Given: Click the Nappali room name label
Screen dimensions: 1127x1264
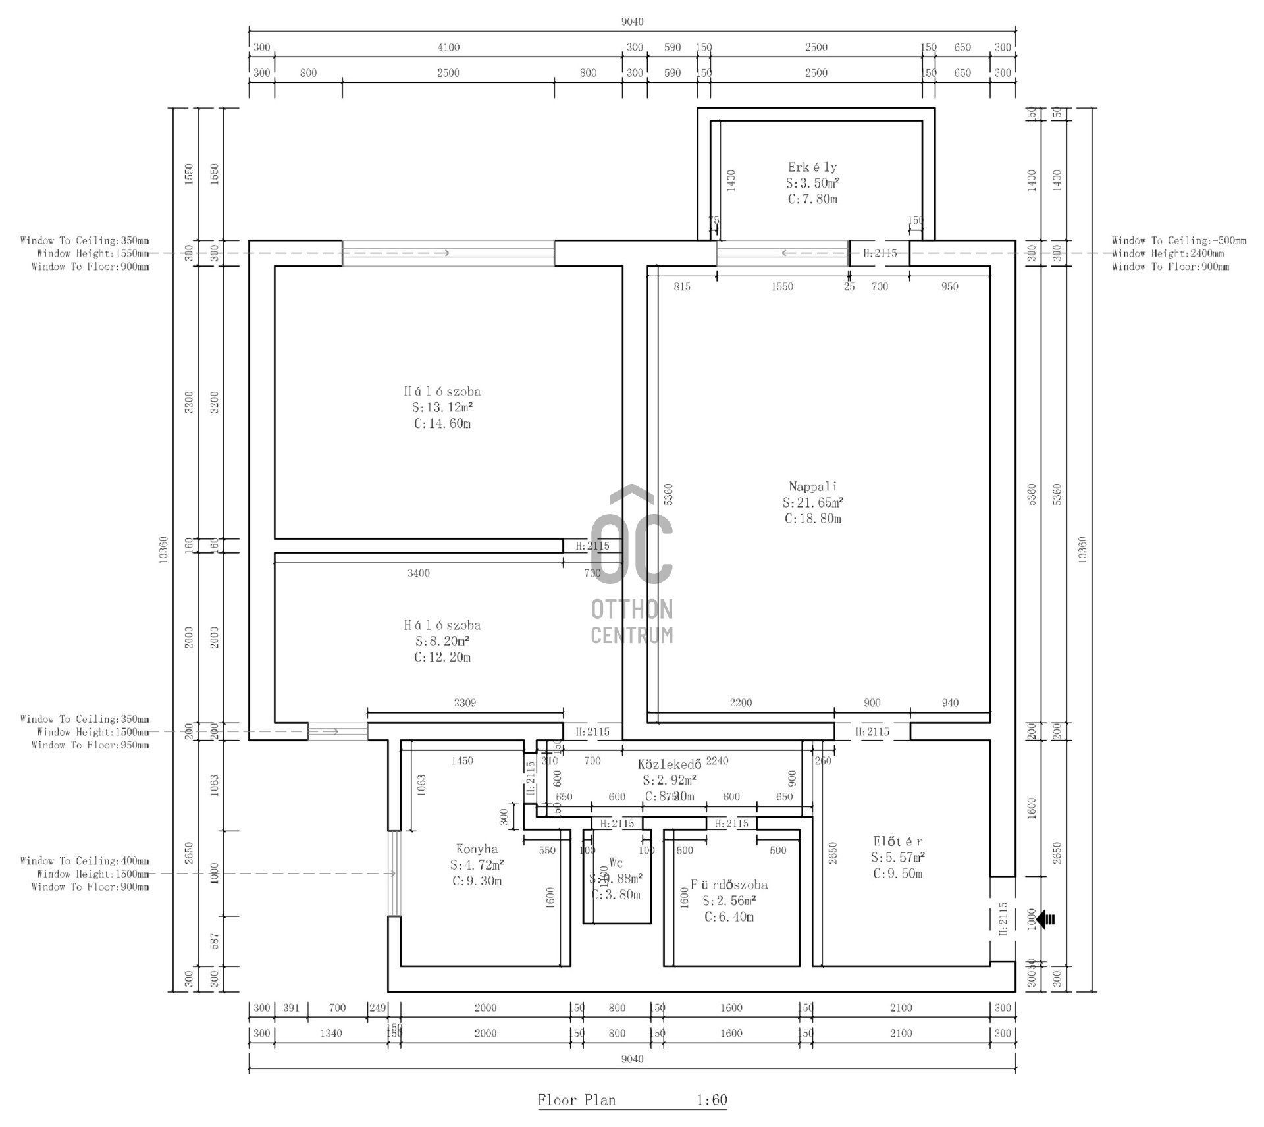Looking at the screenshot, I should point(812,486).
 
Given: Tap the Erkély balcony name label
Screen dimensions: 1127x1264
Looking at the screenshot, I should point(812,167).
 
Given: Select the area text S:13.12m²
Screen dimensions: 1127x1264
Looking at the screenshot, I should point(442,407).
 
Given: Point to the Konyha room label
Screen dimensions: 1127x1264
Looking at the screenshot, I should point(477,849).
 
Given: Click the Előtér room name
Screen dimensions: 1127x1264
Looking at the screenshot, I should point(897,841).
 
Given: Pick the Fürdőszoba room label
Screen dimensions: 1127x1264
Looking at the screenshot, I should point(729,885).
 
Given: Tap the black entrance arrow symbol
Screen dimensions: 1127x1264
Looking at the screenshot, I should point(1045,919).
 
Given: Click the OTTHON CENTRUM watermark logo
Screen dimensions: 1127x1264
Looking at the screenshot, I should point(632,566).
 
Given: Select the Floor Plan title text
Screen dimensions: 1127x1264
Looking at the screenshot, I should point(577,1100).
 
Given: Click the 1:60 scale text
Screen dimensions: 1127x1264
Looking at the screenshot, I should point(712,1100).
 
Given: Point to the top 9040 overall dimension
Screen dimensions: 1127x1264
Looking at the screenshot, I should point(632,22).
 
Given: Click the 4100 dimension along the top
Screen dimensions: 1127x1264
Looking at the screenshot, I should point(448,47).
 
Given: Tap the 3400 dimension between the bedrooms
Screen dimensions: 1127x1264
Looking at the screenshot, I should point(418,573).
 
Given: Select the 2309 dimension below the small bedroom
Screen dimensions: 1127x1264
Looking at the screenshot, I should point(465,703).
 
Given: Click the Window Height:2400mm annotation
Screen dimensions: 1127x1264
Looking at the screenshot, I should point(1168,253).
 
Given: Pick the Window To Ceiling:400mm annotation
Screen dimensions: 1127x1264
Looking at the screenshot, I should point(84,861).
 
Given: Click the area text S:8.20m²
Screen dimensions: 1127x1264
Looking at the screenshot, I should point(442,641).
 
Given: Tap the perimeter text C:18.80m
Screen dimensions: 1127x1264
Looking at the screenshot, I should point(812,519).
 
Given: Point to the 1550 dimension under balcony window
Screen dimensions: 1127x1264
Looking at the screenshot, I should point(782,287).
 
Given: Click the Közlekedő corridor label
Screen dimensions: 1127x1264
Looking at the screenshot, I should point(669,764).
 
